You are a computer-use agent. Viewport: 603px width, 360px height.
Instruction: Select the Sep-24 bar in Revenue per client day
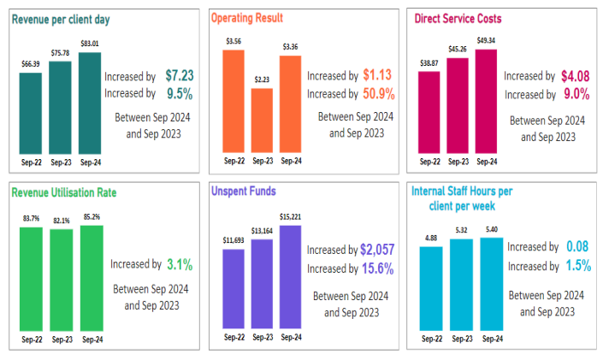click(x=88, y=103)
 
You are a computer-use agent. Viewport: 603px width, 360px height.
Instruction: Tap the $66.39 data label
click(x=30, y=64)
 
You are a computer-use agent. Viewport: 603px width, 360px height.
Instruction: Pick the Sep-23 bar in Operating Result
click(x=262, y=119)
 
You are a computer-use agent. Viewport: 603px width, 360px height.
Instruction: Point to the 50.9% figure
click(x=377, y=93)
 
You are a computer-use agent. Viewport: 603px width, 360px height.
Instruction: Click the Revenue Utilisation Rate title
click(x=64, y=192)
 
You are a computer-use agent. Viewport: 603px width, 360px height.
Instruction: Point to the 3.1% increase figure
click(x=180, y=265)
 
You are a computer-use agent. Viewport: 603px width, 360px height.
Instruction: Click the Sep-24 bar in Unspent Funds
click(x=290, y=276)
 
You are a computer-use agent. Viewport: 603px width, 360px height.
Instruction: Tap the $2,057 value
click(x=376, y=250)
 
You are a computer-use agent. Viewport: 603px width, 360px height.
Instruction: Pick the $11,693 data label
click(x=233, y=240)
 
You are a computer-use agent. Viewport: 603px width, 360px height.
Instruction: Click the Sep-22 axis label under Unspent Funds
click(x=234, y=337)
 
